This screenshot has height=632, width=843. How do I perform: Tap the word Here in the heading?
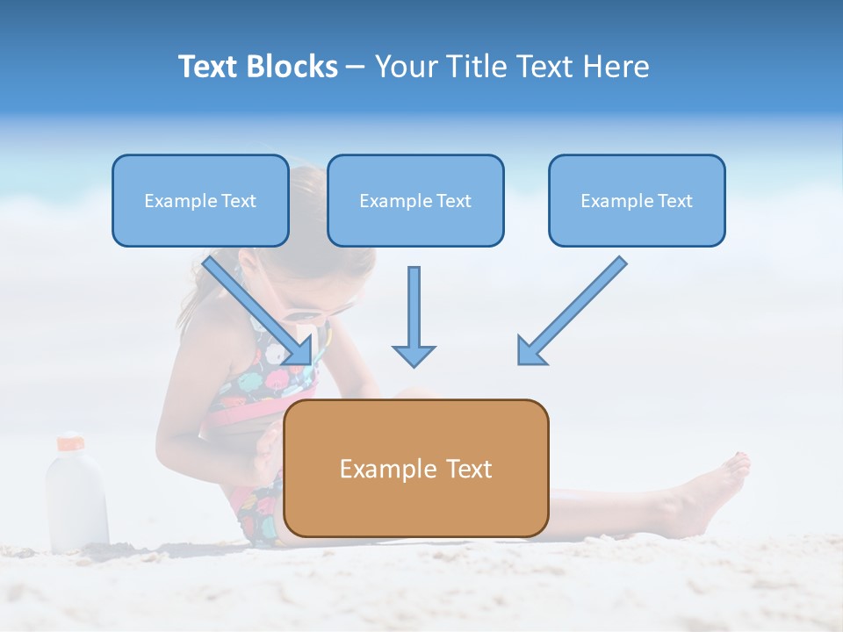pyautogui.click(x=615, y=67)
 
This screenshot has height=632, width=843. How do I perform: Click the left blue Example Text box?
pyautogui.click(x=200, y=201)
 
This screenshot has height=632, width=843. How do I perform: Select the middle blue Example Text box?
pyautogui.click(x=415, y=201)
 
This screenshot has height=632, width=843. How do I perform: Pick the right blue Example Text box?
pyautogui.click(x=637, y=201)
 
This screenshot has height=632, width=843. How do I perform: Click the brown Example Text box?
pyautogui.click(x=415, y=469)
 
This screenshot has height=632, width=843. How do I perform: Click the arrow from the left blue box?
pyautogui.click(x=259, y=311)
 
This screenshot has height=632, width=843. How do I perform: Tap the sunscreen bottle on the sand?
pyautogui.click(x=76, y=496)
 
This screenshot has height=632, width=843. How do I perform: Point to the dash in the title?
pyautogui.click(x=356, y=67)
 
